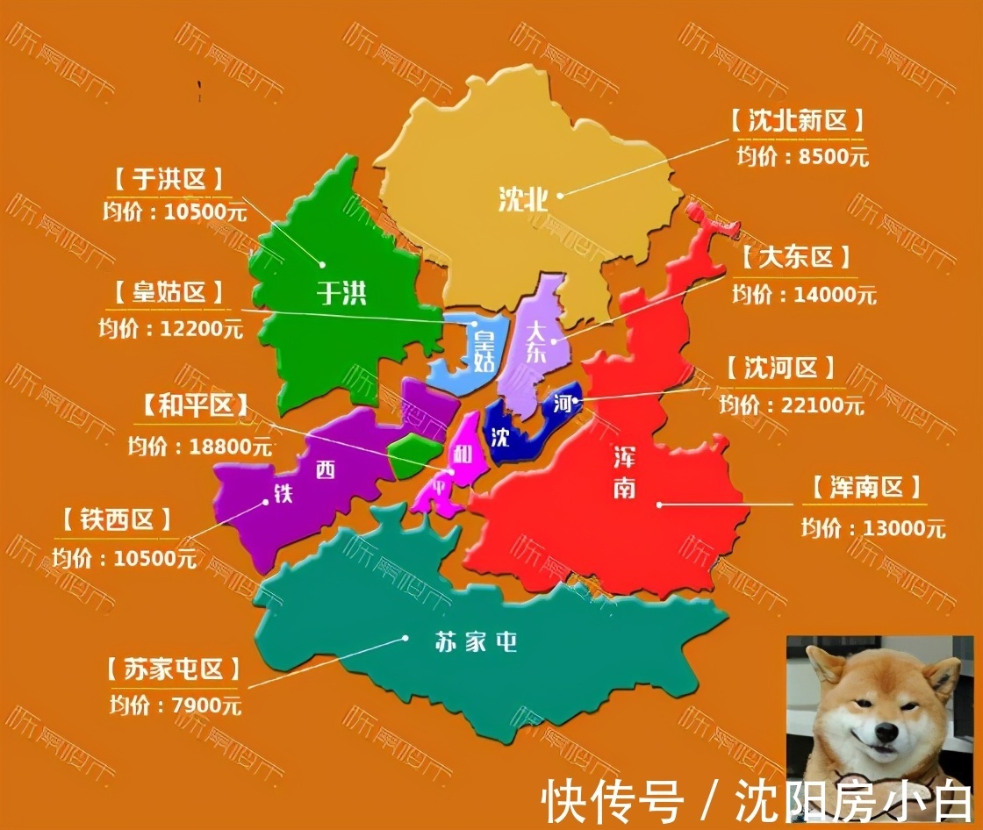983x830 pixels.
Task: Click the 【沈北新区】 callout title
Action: pyautogui.click(x=797, y=120)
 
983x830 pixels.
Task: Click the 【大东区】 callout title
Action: pyautogui.click(x=795, y=258)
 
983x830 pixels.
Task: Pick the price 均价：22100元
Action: pyautogui.click(x=792, y=404)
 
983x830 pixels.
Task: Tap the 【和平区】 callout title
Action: pyautogui.click(x=194, y=405)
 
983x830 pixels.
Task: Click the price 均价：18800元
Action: pyautogui.click(x=200, y=445)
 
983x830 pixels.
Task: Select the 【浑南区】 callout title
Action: pyautogui.click(x=865, y=488)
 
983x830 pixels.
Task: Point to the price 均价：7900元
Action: pyautogui.click(x=176, y=704)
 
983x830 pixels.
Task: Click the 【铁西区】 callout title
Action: pyautogui.click(x=119, y=520)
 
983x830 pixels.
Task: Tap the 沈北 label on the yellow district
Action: pyautogui.click(x=523, y=200)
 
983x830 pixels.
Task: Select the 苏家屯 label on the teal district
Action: pyautogui.click(x=476, y=642)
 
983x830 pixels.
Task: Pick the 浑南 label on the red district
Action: pyautogui.click(x=625, y=472)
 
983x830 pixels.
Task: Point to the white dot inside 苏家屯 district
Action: pyautogui.click(x=405, y=638)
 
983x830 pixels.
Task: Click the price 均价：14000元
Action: pyautogui.click(x=804, y=295)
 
